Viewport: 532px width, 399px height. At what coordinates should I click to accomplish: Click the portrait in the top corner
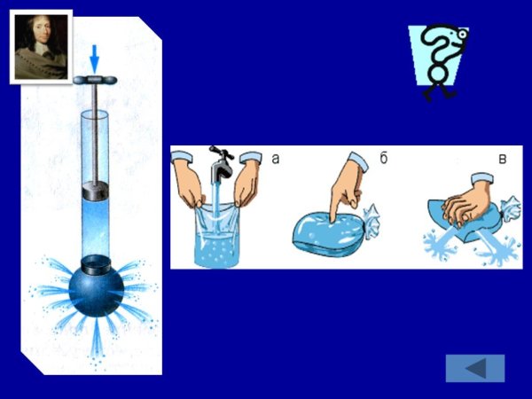(x=41, y=47)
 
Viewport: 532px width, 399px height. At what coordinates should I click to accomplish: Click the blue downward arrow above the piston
(x=94, y=59)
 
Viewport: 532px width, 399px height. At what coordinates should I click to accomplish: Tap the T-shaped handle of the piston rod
(x=95, y=80)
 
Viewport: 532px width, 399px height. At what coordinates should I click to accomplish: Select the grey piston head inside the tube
(x=96, y=191)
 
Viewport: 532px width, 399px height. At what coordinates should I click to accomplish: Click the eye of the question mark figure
(x=462, y=35)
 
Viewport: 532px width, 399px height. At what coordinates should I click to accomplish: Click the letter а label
(x=276, y=159)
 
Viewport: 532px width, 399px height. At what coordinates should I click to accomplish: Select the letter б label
(x=383, y=158)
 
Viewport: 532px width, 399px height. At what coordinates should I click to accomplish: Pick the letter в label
(x=503, y=159)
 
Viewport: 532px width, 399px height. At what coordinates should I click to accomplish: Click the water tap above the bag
(x=221, y=165)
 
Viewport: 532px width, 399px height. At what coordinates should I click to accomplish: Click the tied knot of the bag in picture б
(x=372, y=221)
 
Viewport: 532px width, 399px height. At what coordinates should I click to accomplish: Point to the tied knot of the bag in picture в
(x=511, y=209)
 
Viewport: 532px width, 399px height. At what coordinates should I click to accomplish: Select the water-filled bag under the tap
(x=216, y=234)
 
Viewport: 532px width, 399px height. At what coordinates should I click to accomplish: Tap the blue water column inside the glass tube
(x=96, y=227)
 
